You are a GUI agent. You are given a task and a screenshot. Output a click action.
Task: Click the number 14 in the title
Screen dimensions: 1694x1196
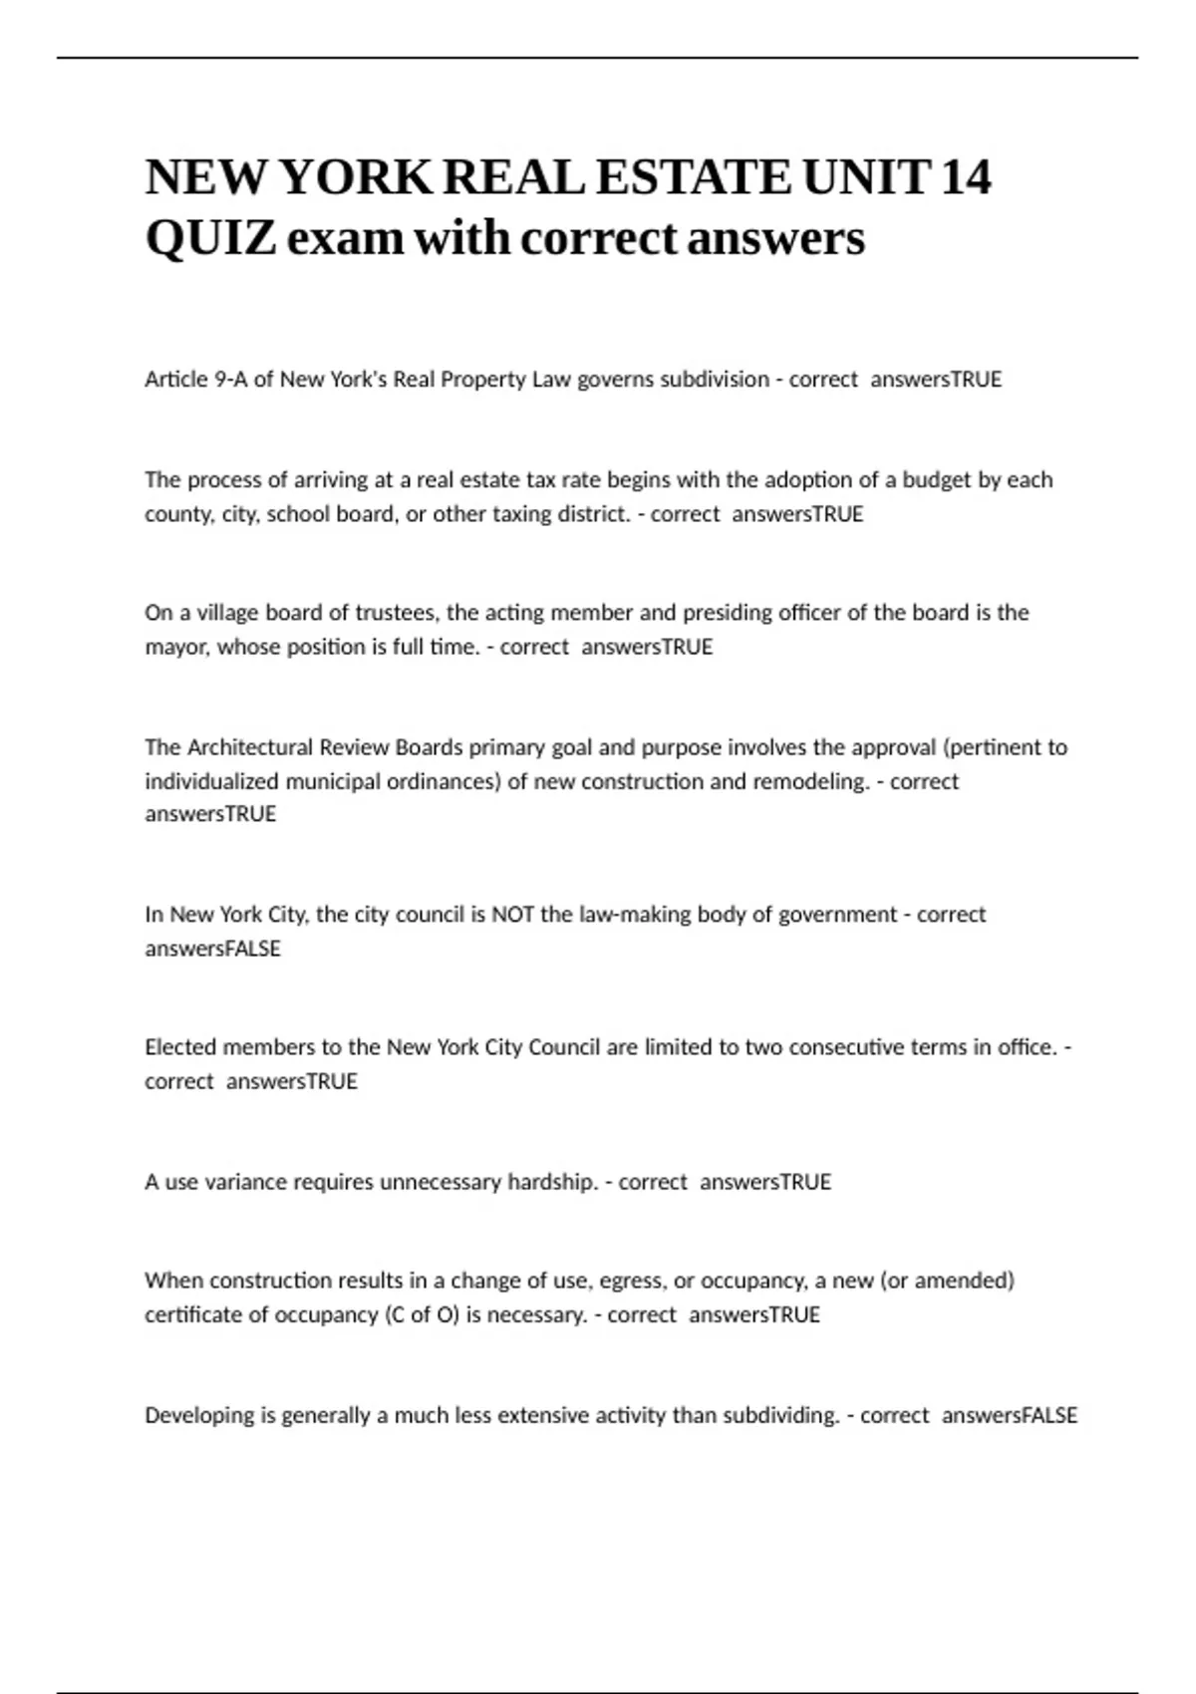click(966, 178)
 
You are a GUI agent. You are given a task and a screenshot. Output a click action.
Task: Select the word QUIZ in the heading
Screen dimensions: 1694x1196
click(210, 239)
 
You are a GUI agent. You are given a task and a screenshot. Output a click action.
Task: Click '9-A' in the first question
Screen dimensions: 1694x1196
click(231, 380)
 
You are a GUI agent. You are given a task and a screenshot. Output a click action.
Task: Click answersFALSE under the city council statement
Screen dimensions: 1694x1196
click(212, 949)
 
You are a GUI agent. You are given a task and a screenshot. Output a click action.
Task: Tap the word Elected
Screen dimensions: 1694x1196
click(180, 1047)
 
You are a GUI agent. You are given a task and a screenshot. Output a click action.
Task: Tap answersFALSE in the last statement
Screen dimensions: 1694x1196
click(1009, 1416)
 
